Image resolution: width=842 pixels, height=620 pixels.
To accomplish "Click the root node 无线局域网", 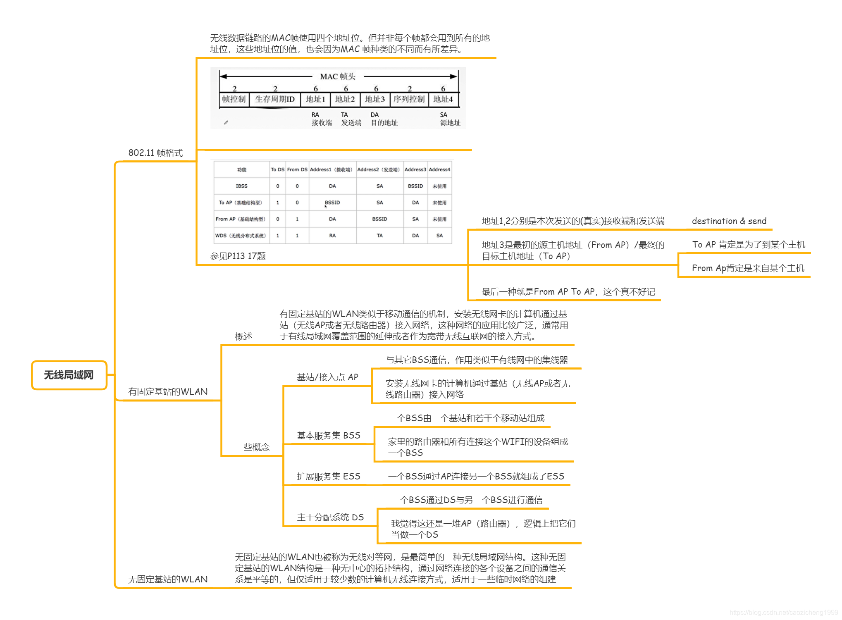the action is click(x=69, y=375).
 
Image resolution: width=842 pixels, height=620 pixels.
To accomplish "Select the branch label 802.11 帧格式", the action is click(x=155, y=153).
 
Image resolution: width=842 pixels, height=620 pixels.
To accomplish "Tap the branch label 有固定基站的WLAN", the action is click(x=168, y=391).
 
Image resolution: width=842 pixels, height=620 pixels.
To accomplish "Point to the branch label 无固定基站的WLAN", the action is click(x=168, y=579).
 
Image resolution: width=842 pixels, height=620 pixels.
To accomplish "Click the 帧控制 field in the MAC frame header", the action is click(x=234, y=99).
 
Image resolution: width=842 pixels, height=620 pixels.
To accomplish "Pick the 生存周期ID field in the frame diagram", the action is click(x=275, y=99).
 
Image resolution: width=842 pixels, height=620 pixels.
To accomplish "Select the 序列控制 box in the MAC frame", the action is click(x=409, y=99).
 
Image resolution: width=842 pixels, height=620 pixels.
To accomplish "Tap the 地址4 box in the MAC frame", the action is click(x=443, y=99).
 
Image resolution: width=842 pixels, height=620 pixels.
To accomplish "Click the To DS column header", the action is click(x=277, y=169).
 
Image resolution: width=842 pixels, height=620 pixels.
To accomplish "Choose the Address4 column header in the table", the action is click(x=439, y=169).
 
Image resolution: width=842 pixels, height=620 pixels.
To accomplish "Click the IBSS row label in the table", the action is click(x=242, y=186).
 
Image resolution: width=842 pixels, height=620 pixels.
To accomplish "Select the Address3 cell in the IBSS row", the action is click(x=415, y=186).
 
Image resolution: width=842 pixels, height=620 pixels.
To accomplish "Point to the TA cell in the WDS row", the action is click(x=379, y=236).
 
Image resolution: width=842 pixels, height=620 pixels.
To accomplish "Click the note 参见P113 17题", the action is click(x=238, y=256).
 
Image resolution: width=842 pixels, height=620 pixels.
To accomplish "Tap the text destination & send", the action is click(x=729, y=221).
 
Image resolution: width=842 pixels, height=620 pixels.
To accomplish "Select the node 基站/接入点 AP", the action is click(x=327, y=377).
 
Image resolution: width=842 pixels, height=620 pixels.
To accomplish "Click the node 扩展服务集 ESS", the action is click(x=329, y=477).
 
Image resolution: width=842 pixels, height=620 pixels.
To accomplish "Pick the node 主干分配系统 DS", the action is click(x=330, y=517).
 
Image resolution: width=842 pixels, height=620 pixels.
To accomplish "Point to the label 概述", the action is click(x=243, y=336).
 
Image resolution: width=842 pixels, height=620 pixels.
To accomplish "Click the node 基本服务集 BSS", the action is click(x=329, y=435).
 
